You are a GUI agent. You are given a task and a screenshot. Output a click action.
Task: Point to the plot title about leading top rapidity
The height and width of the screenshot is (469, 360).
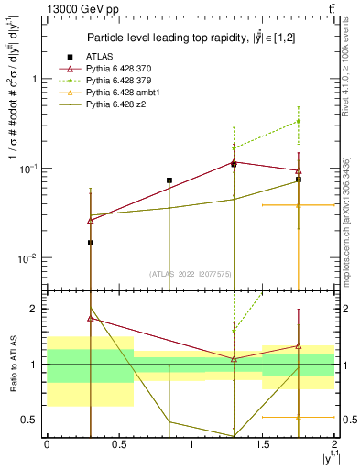coord(191,38)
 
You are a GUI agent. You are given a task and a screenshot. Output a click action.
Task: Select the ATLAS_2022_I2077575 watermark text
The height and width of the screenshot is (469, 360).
coord(191,273)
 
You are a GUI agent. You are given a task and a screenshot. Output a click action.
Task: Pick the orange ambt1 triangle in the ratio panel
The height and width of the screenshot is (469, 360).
coord(299,417)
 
